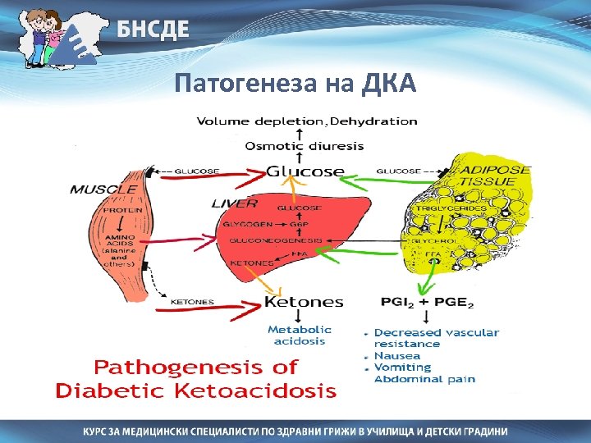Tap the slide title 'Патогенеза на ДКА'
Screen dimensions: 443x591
[x=295, y=83]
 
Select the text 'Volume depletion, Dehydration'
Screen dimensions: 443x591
[x=307, y=121]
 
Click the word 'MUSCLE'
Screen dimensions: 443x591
[x=103, y=189]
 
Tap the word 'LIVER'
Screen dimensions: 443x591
[x=235, y=203]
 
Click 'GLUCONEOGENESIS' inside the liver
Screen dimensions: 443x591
[x=275, y=241]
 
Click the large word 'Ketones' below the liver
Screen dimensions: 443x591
[x=304, y=302]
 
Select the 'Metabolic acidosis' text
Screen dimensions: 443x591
[x=300, y=335]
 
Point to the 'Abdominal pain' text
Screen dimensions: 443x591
[x=418, y=379]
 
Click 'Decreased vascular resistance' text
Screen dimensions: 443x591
[x=435, y=338]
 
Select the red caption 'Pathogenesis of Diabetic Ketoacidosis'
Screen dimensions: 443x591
[x=195, y=378]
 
